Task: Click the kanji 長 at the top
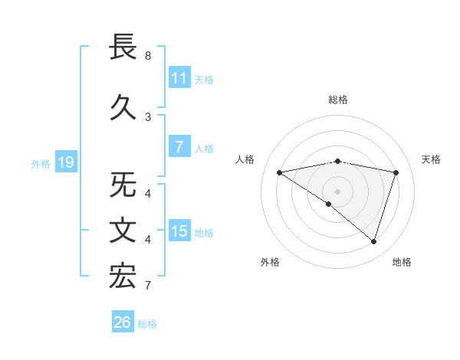123,47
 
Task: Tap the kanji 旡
123,186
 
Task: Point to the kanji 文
123,231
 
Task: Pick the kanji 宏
123,276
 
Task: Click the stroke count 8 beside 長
148,56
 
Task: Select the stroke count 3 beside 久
148,116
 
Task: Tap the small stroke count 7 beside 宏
148,286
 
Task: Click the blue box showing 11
179,78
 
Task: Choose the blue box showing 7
179,148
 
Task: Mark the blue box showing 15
179,232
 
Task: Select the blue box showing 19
65,162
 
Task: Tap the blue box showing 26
122,323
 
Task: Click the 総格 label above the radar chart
338,100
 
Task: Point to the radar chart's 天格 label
432,159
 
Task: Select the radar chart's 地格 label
402,262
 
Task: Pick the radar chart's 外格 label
270,262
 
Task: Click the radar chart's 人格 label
245,159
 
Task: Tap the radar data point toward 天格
396,172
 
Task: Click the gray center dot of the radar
337,191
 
